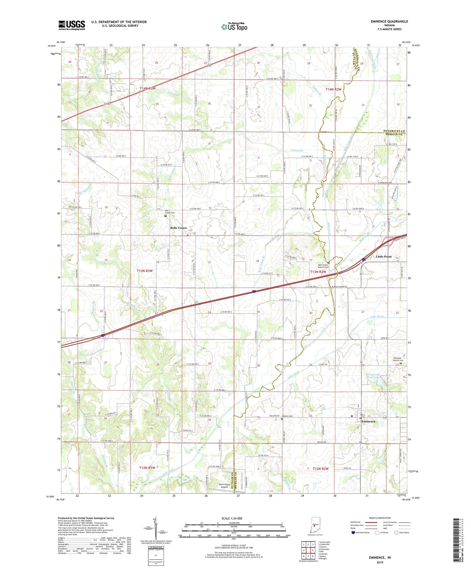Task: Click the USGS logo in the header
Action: tap(72, 25)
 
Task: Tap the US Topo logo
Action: tap(234, 27)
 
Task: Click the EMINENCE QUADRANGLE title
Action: tap(389, 21)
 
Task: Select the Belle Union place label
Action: tap(178, 228)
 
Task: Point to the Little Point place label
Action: tap(384, 256)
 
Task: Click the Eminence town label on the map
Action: tap(369, 421)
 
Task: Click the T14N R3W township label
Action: tap(148, 89)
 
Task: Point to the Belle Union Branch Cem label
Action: tap(323, 266)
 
